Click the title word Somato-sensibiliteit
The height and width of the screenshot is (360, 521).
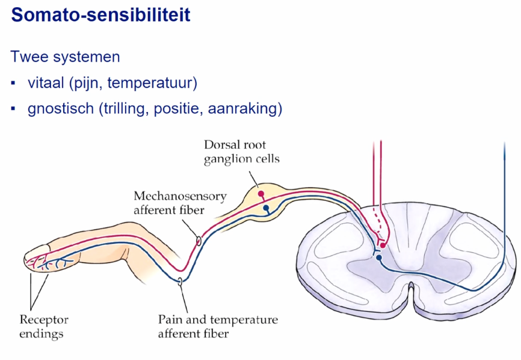[x=100, y=14]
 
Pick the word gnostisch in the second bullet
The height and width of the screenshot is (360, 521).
[x=58, y=109]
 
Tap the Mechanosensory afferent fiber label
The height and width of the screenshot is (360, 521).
[x=171, y=202]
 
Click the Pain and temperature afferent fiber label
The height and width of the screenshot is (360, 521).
[x=217, y=326]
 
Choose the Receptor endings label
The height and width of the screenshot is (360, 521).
[x=44, y=326]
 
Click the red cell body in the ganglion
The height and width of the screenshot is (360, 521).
[x=260, y=194]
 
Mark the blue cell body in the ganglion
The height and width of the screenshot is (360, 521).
[x=266, y=208]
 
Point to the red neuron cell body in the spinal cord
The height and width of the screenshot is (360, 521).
[x=383, y=245]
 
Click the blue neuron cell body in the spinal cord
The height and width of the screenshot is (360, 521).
[x=379, y=257]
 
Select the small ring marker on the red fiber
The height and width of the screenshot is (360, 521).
[x=199, y=241]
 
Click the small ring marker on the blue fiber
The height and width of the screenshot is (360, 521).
[x=179, y=281]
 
